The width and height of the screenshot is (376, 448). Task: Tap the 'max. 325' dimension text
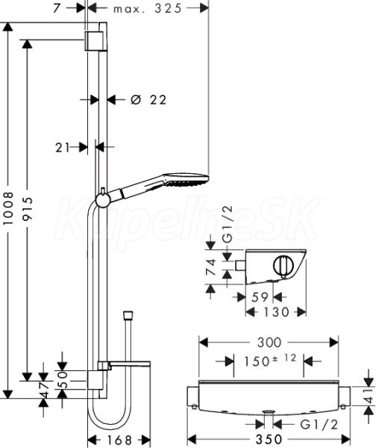tap(148, 8)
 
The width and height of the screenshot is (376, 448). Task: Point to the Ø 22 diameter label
tap(148, 100)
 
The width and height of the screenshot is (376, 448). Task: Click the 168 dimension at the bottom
tap(119, 440)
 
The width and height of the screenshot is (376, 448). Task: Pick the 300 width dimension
tap(269, 342)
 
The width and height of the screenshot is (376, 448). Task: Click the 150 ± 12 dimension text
tap(270, 361)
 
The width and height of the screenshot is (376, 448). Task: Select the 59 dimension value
tap(260, 297)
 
